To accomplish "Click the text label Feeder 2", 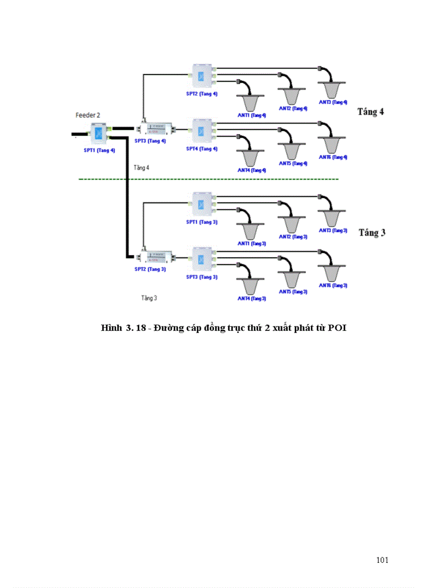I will tap(88, 114).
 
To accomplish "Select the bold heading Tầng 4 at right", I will tap(370, 112).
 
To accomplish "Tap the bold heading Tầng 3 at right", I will tap(372, 232).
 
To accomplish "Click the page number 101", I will tap(382, 560).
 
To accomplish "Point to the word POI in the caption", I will tap(338, 328).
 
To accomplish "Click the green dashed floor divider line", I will tap(209, 180).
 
